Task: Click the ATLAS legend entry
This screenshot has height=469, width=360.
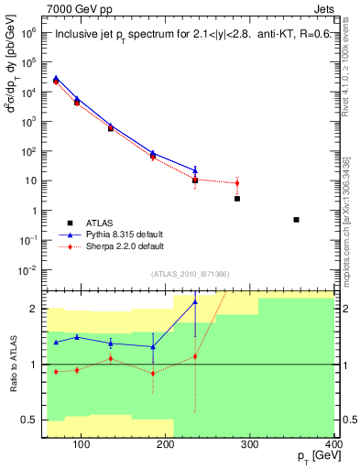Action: (101, 223)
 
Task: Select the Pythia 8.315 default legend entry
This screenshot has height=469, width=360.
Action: (125, 234)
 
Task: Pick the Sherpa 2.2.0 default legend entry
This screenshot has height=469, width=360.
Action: (125, 246)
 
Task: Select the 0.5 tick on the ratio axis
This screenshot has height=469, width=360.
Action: (32, 420)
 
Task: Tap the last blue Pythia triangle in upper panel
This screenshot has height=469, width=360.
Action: (195, 169)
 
